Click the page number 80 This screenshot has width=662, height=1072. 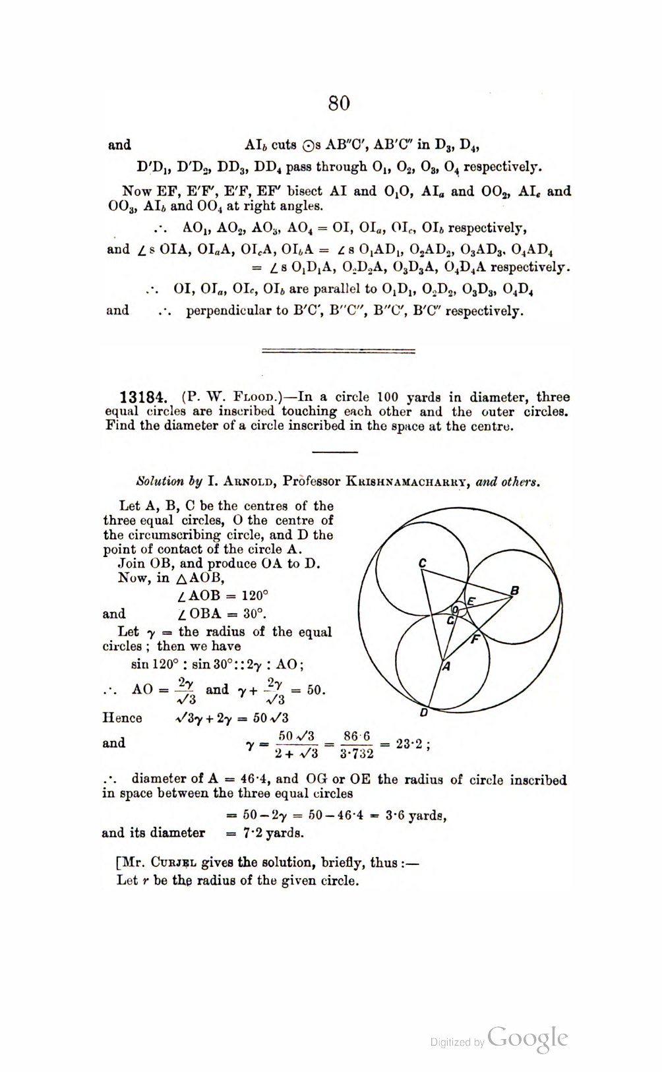(x=338, y=104)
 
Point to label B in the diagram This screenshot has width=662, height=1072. (x=516, y=590)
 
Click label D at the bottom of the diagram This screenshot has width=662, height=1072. (x=424, y=713)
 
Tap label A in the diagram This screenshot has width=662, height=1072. (x=446, y=667)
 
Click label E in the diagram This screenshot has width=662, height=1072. (x=471, y=600)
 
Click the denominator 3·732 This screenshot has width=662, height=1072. (x=356, y=754)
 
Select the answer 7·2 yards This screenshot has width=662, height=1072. (x=265, y=833)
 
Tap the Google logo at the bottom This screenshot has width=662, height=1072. (x=528, y=1038)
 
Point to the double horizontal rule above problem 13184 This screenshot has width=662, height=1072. (x=338, y=351)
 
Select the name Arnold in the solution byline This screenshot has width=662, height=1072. (x=241, y=481)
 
